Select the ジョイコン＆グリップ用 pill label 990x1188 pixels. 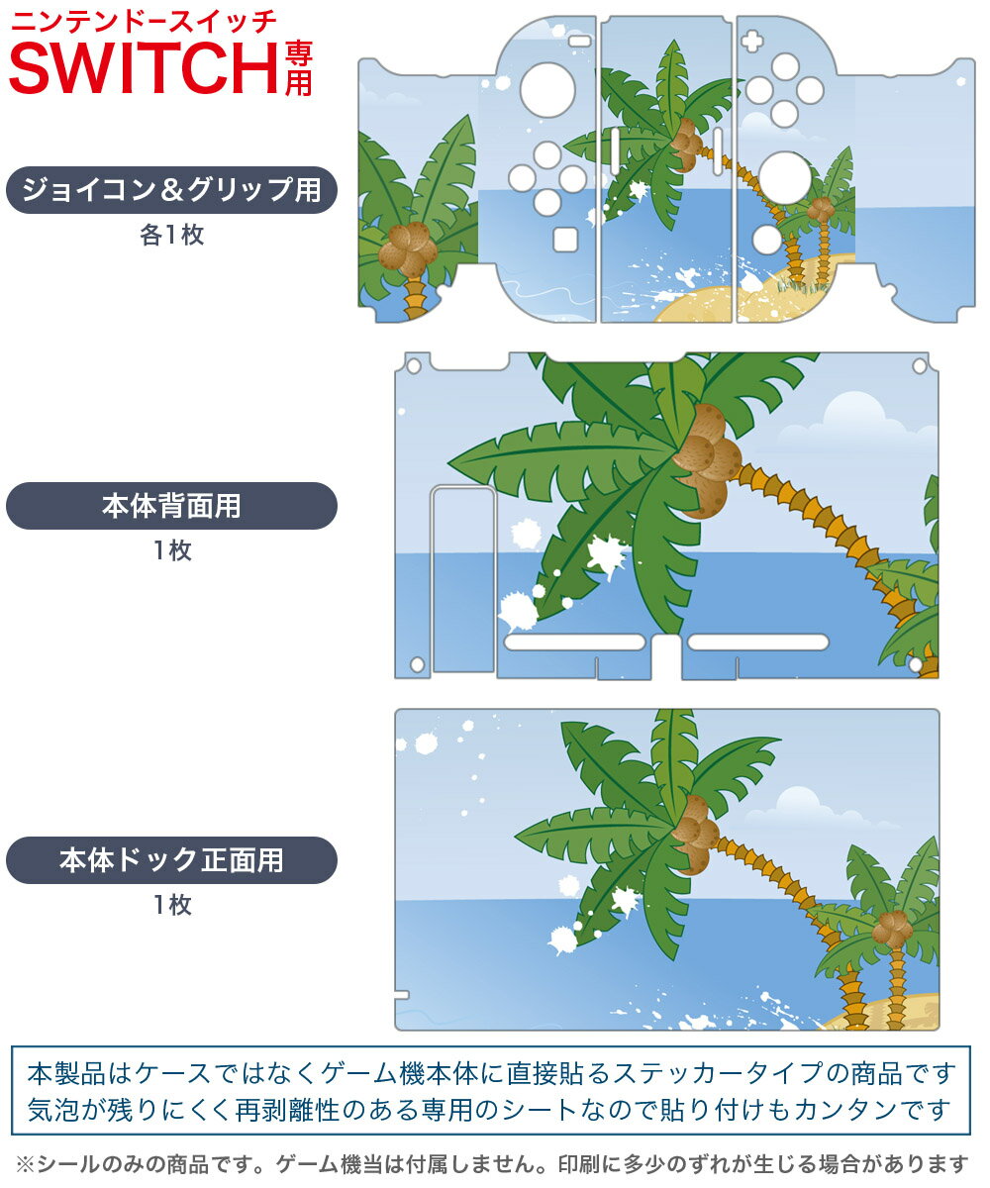click(x=171, y=190)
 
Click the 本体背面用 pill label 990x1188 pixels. click(x=171, y=506)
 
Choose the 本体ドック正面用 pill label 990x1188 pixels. click(x=171, y=859)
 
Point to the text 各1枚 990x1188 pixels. click(x=171, y=235)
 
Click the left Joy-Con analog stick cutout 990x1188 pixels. click(x=547, y=90)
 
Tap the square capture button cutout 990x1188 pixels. click(x=565, y=240)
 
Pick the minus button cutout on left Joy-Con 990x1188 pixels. click(x=580, y=42)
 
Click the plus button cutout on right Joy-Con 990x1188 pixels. click(x=751, y=42)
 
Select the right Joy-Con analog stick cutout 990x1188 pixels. click(x=785, y=178)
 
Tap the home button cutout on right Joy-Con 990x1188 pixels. click(x=766, y=240)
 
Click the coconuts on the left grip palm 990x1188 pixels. click(x=408, y=249)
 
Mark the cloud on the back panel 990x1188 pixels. click(x=856, y=422)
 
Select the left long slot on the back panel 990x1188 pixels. click(x=574, y=642)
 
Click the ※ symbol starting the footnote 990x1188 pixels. click(x=26, y=1164)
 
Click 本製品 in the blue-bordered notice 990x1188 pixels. click(x=66, y=1073)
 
